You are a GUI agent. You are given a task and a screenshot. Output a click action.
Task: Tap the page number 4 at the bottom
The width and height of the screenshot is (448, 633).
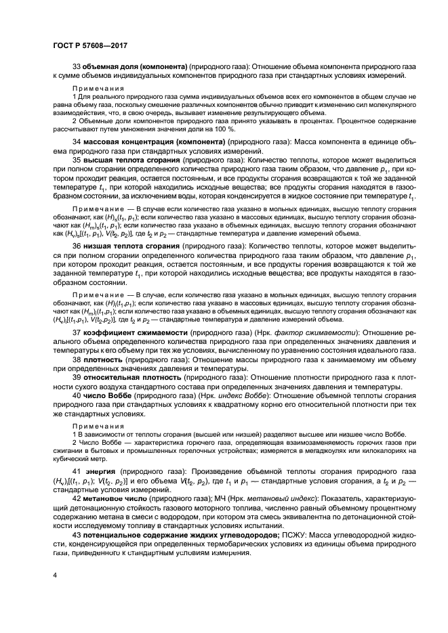pos(54,575)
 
